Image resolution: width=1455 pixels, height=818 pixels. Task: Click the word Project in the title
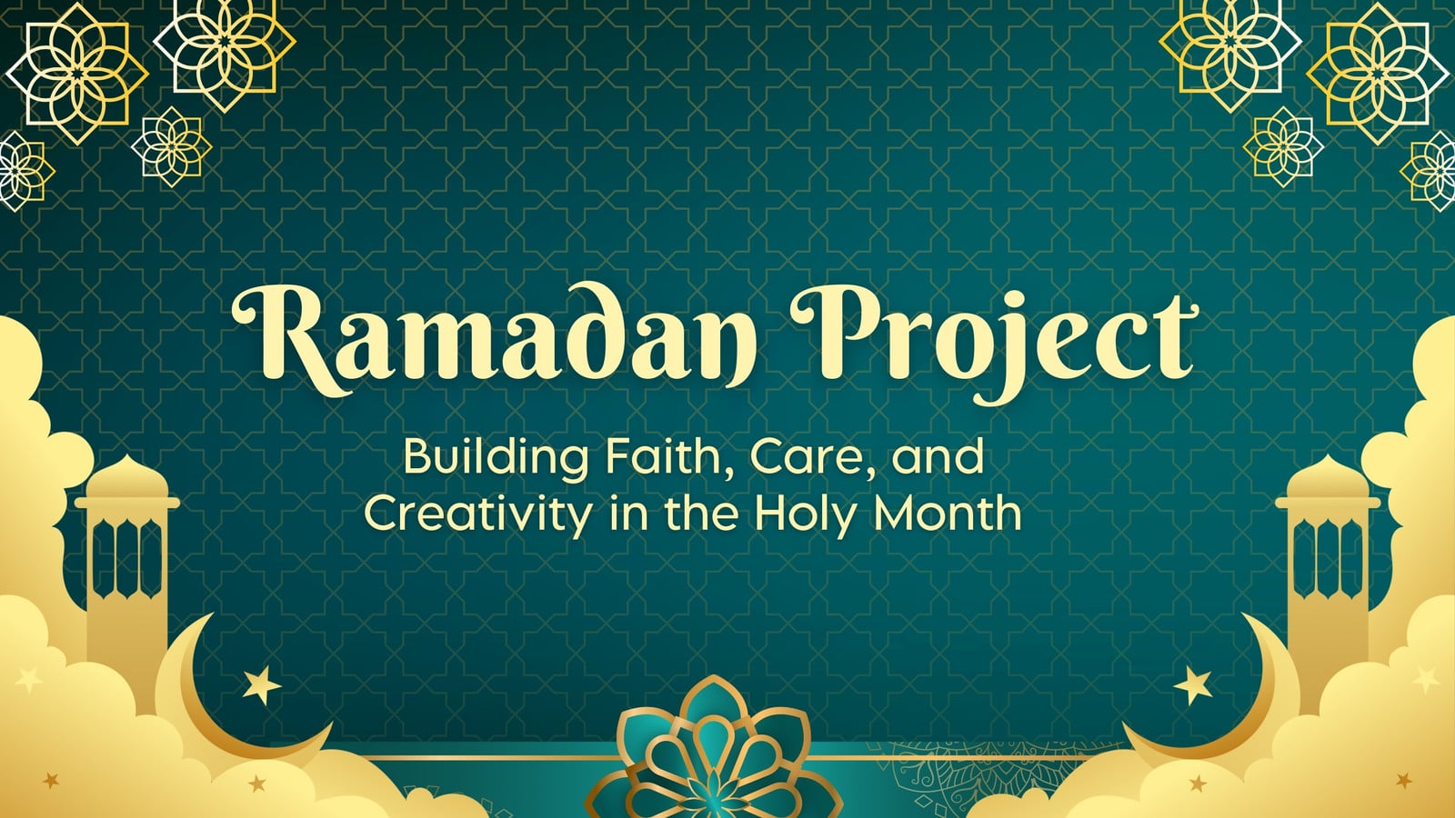click(x=994, y=341)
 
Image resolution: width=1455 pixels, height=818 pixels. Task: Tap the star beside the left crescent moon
click(x=261, y=686)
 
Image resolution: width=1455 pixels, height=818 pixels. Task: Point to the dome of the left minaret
click(x=126, y=477)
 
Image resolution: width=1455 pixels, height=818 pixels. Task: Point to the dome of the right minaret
click(x=1327, y=477)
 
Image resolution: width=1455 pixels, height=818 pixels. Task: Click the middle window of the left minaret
click(x=126, y=558)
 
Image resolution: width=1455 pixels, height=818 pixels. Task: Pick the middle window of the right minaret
click(x=1327, y=558)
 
